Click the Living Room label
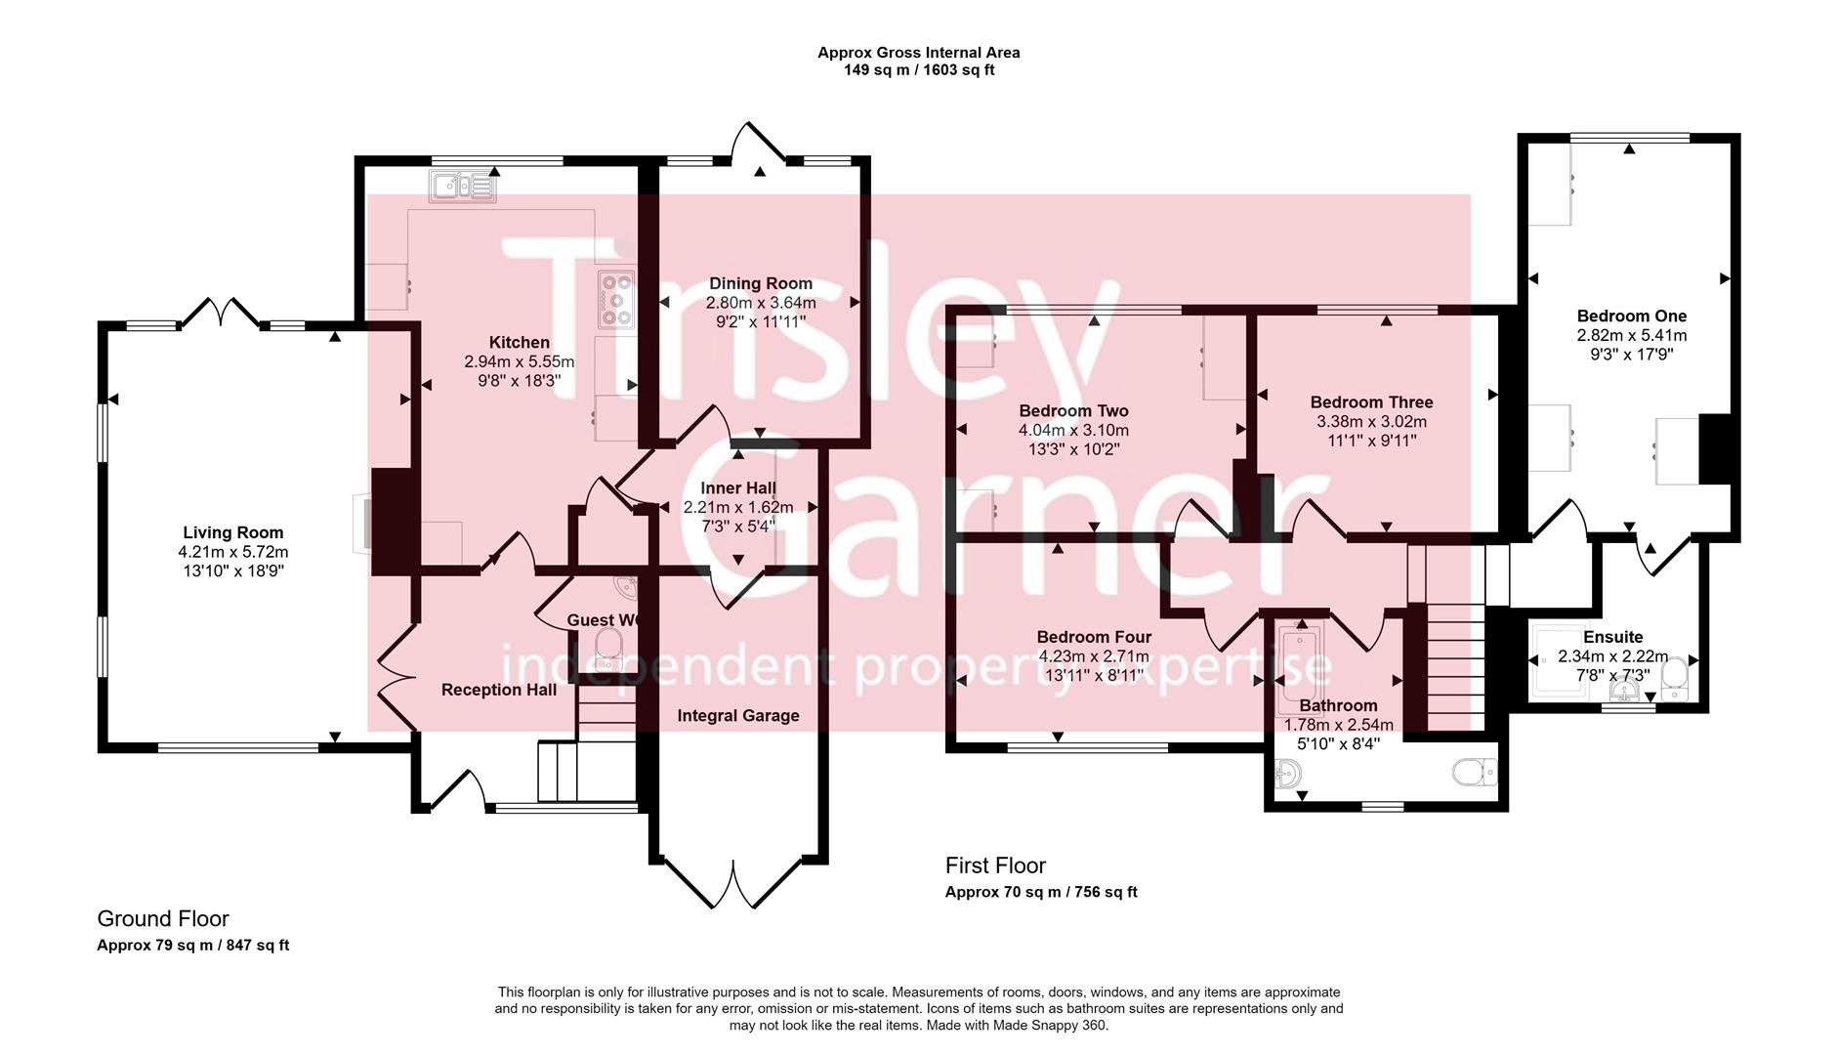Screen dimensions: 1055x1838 [x=233, y=532]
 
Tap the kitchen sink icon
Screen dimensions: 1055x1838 [x=462, y=185]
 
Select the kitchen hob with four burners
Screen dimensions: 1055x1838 [x=617, y=298]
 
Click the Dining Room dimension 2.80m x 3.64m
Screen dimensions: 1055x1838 [x=761, y=303]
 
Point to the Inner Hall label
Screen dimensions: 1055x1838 [x=738, y=488]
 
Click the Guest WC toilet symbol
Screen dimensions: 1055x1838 [x=608, y=646]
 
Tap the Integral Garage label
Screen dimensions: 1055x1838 [x=738, y=716]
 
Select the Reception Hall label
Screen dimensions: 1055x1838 [x=499, y=690]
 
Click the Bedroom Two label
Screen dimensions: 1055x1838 [x=1073, y=411]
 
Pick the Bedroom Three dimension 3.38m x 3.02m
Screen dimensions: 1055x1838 [x=1371, y=422]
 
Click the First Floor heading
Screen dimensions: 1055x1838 [x=995, y=865]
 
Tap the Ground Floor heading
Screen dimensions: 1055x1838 [x=163, y=918]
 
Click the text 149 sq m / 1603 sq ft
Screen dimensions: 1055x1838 [x=919, y=70]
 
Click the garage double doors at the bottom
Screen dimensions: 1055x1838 [x=737, y=884]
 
